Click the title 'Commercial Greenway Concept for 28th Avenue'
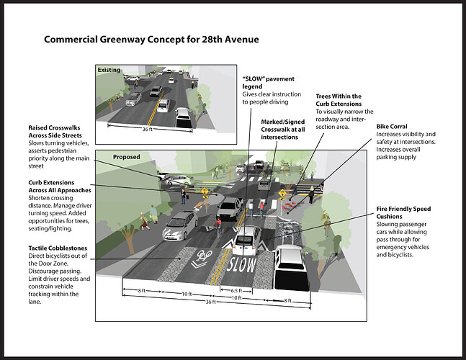click(151, 40)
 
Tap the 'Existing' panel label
click(109, 70)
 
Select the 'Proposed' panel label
click(126, 157)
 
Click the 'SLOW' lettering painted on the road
click(241, 264)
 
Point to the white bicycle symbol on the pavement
click(202, 258)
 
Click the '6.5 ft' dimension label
click(236, 290)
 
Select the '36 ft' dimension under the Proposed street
click(210, 302)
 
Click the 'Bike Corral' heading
click(392, 127)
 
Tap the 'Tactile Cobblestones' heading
click(58, 248)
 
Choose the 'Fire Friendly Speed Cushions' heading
click(403, 212)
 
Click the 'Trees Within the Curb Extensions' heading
click(339, 100)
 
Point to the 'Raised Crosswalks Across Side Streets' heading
click(55, 132)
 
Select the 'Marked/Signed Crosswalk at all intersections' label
click(283, 130)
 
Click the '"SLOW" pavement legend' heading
click(268, 83)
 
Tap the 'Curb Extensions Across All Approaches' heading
click(60, 186)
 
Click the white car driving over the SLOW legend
click(246, 240)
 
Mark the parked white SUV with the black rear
click(291, 267)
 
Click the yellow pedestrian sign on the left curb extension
click(205, 191)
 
